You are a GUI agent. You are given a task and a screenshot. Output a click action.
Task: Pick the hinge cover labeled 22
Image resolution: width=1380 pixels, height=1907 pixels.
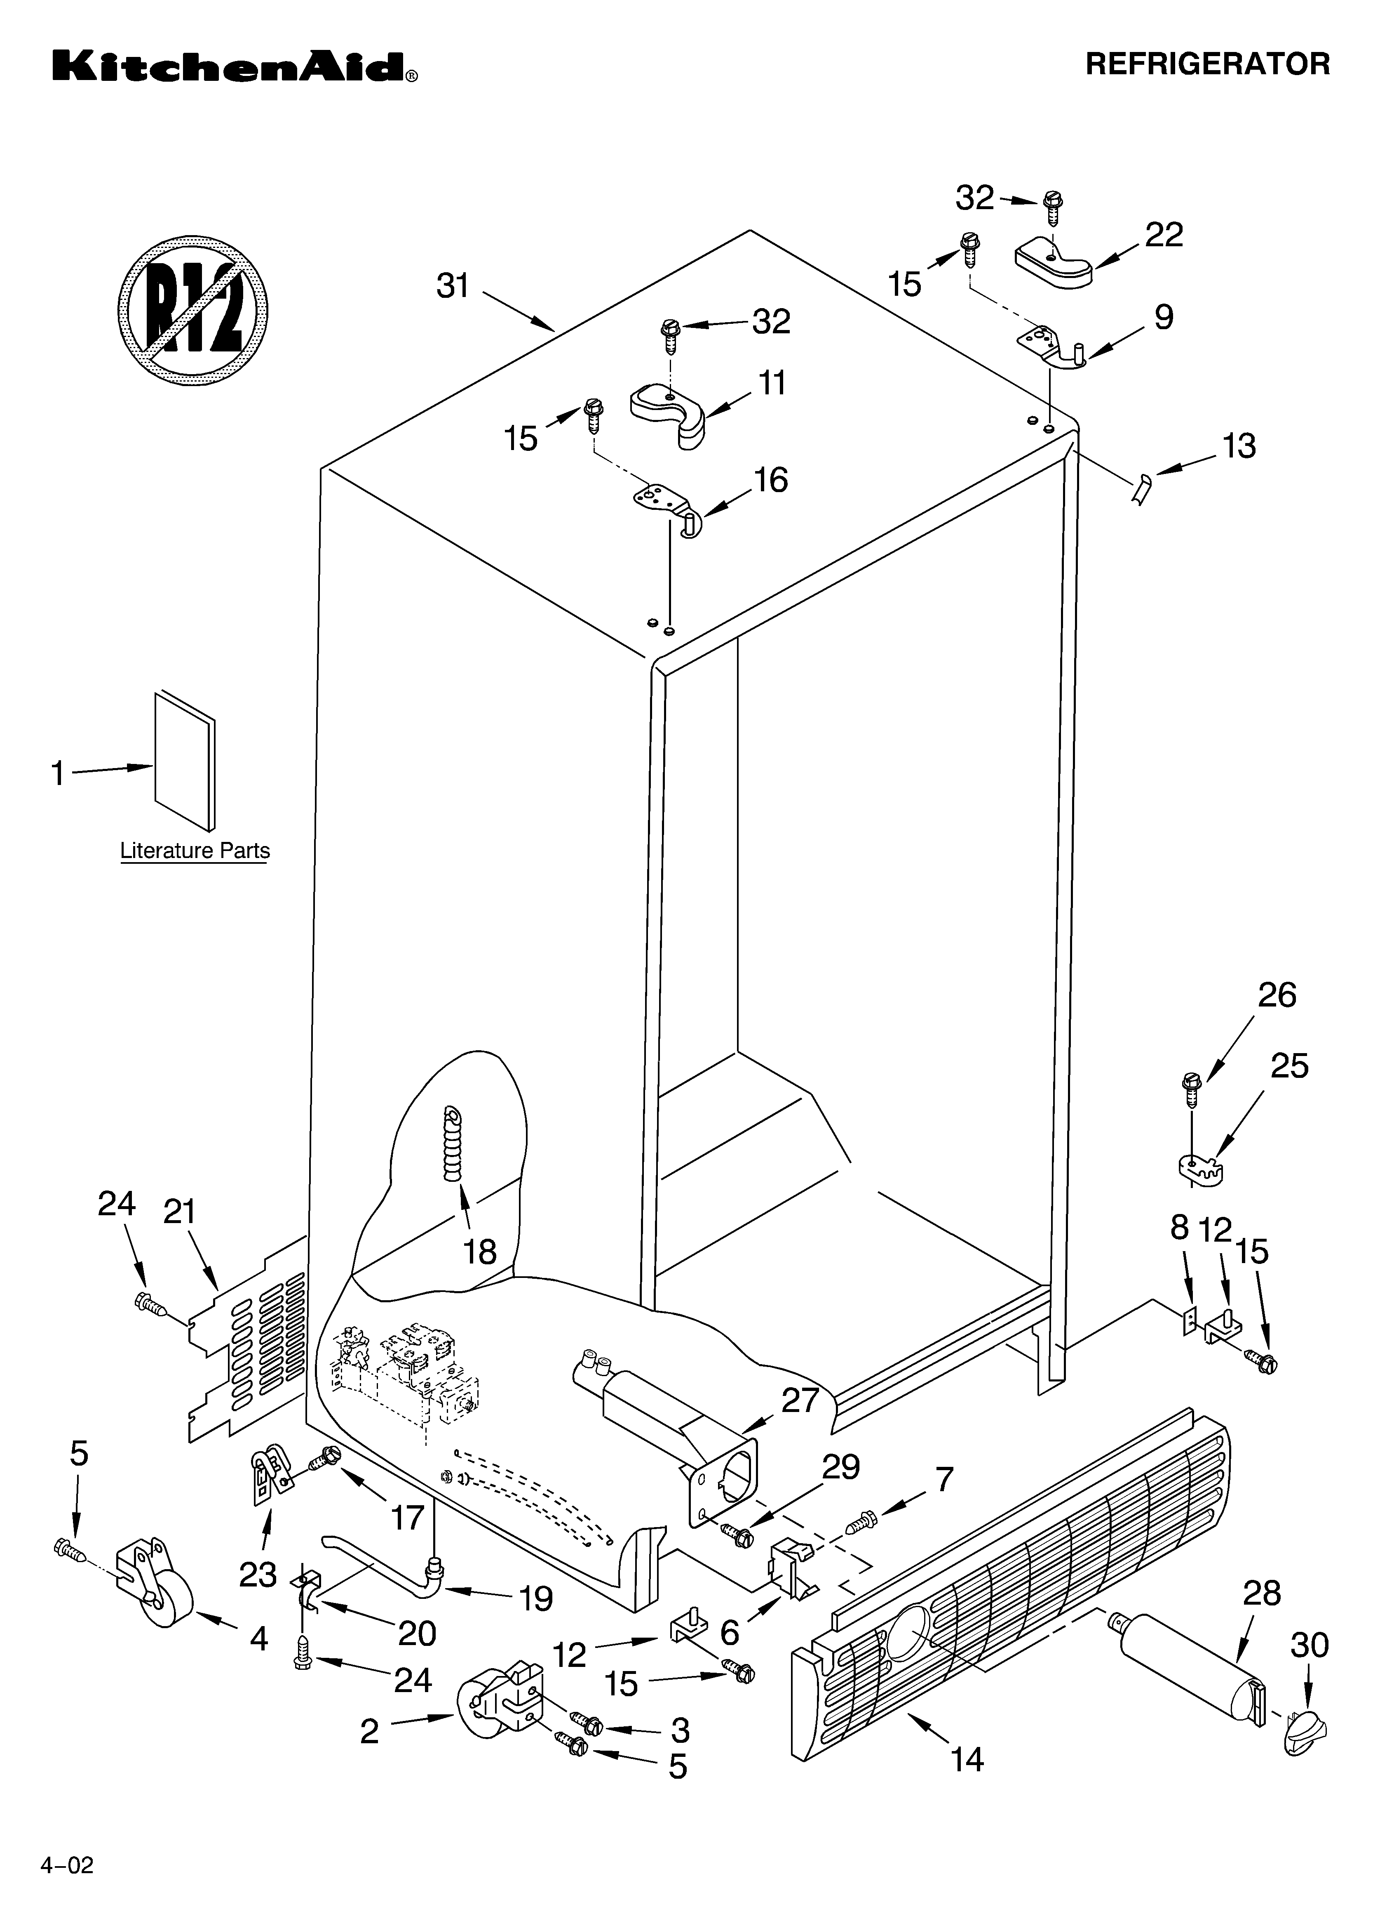tap(1053, 264)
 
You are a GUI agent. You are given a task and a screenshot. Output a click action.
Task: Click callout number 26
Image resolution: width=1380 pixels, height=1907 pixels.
tap(1277, 995)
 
